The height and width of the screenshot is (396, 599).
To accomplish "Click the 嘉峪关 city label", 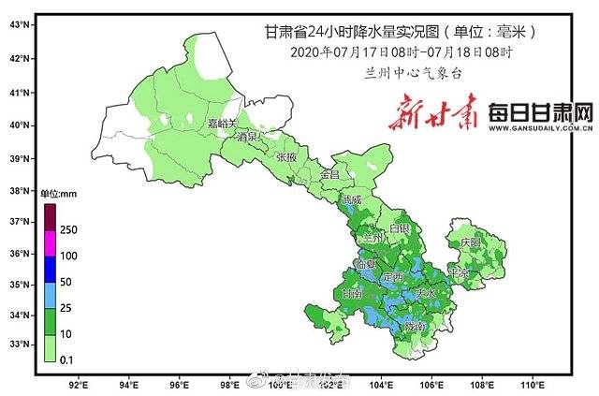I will point(222,123).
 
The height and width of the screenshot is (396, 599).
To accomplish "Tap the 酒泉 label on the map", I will point(248,137).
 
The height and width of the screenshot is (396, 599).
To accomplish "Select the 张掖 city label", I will point(286,157).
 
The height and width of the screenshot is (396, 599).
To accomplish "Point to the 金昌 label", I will point(329,175).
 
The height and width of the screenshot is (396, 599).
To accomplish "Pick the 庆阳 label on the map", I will point(469,242).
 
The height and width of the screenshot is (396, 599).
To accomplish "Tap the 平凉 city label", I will point(458,273).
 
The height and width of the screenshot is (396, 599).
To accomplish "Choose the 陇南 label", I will point(415,326).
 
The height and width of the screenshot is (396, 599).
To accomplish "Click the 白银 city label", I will point(400,228).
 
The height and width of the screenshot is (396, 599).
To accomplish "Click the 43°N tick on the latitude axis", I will point(18,25).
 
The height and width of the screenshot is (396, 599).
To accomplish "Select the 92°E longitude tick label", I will point(79,384).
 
